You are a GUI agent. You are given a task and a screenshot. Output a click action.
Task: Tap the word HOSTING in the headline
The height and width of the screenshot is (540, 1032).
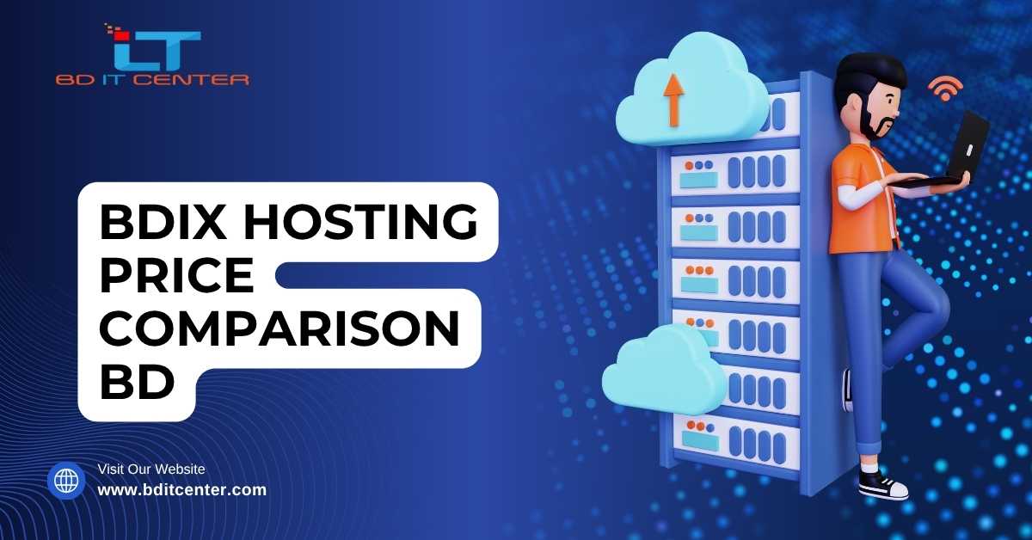pos(360,222)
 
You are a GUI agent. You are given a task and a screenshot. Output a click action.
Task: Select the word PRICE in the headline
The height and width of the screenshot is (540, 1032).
pos(176,275)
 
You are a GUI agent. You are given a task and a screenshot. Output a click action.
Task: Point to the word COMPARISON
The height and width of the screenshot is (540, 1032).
pos(279,328)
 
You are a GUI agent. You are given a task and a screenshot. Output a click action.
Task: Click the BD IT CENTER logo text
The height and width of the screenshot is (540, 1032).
pos(152,80)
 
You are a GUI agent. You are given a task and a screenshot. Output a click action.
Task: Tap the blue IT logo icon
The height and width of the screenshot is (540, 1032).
pos(155,49)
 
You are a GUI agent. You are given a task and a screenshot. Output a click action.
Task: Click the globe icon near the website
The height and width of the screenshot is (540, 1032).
pos(66,481)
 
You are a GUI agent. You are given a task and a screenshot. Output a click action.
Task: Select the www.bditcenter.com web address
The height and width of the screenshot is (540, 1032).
pos(182,490)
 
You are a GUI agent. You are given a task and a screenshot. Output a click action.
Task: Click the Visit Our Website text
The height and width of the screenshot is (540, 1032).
pos(151,469)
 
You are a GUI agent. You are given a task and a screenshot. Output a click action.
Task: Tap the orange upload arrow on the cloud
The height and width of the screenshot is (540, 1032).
pos(673,101)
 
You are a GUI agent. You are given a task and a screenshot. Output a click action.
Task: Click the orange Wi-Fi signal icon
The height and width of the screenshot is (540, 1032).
pos(945,89)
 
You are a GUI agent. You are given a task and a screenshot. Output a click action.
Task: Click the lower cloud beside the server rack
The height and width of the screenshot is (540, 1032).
pos(663,370)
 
